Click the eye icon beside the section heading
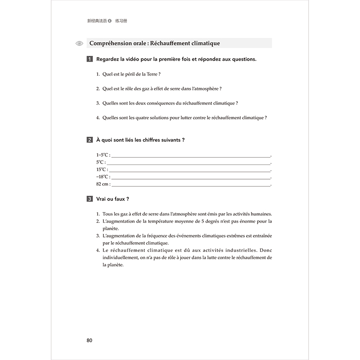(x=80, y=44)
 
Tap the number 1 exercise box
(x=90, y=59)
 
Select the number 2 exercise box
(x=90, y=140)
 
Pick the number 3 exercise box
(x=90, y=199)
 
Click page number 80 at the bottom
(x=89, y=340)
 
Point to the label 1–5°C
(x=103, y=154)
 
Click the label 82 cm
(x=103, y=184)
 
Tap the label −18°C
(x=103, y=177)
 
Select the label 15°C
(x=101, y=169)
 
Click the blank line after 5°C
(x=189, y=162)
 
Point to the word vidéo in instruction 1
(x=144, y=59)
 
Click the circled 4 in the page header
(x=109, y=21)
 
